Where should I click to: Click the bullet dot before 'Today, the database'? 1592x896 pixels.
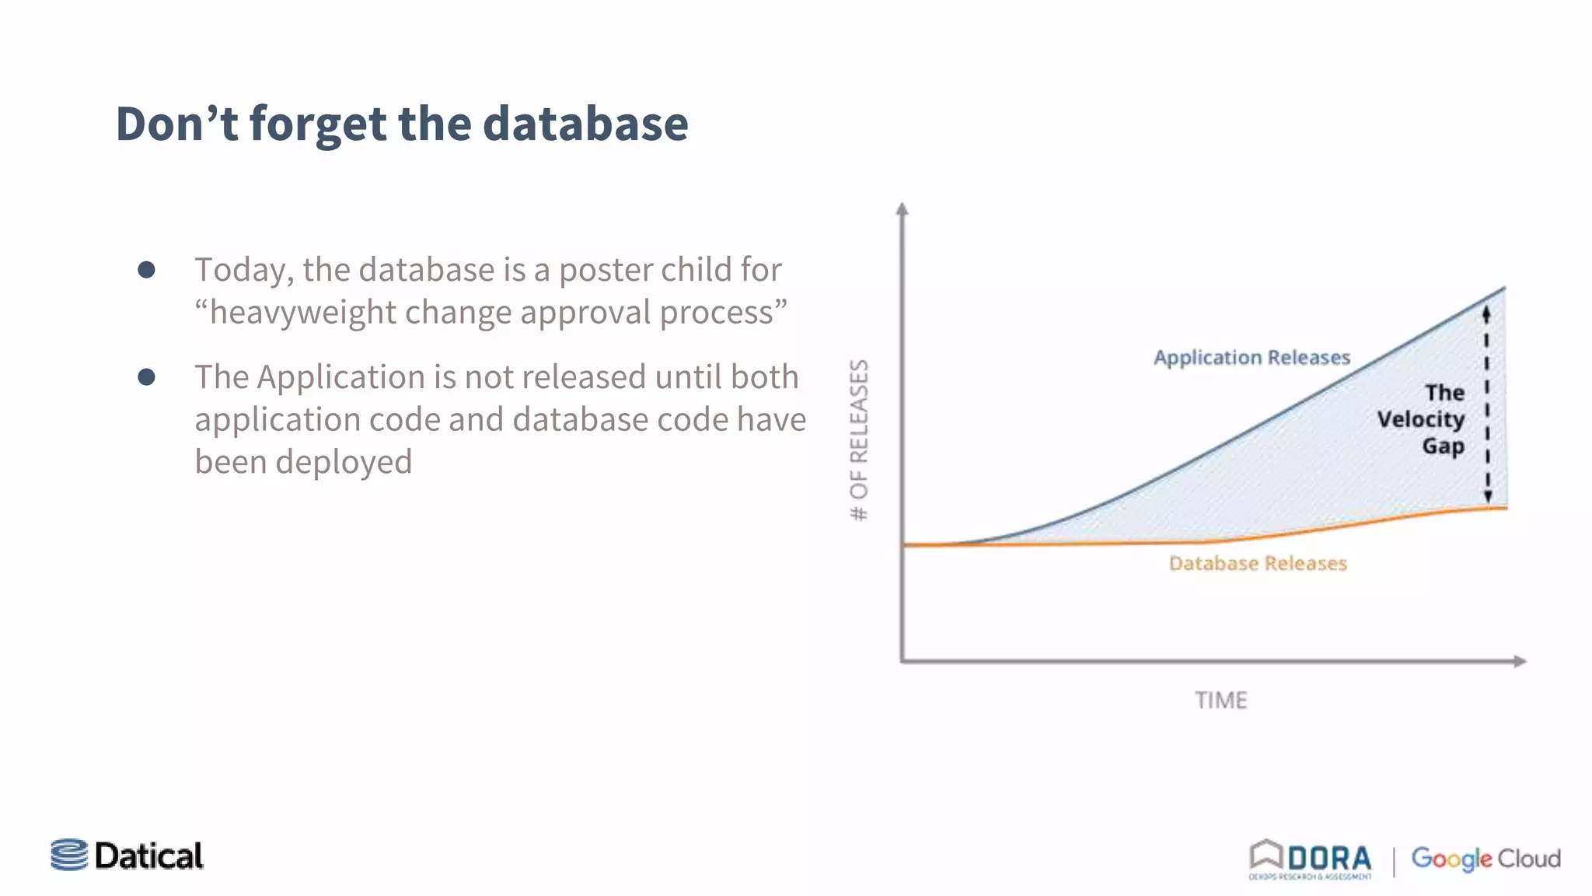146,270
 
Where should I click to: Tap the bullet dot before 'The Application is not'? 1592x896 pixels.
146,377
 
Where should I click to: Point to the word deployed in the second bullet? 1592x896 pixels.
344,462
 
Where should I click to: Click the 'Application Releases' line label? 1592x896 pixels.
1252,358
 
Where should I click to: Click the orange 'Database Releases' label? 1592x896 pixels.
1258,563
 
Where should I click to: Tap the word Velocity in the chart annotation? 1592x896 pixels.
1420,419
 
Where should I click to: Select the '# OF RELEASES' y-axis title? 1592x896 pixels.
859,439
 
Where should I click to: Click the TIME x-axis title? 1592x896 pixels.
1220,700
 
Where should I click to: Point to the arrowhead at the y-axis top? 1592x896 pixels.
902,208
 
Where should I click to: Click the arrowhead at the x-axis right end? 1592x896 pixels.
1520,661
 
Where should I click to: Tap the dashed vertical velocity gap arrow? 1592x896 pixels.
1486,404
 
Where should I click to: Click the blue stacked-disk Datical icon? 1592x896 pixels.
69,855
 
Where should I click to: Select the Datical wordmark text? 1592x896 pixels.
148,856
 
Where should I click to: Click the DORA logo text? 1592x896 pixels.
1328,858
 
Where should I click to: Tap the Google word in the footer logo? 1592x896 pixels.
1451,858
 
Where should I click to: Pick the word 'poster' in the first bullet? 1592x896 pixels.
603,271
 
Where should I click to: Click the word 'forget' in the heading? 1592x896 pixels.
317,124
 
